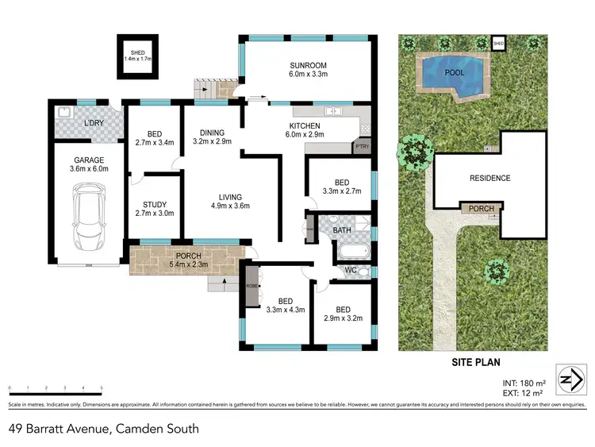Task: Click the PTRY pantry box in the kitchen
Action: (x=363, y=147)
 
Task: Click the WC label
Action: (x=351, y=270)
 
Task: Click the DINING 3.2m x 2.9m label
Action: (x=212, y=137)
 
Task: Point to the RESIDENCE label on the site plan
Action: (x=489, y=178)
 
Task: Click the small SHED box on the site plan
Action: (x=498, y=42)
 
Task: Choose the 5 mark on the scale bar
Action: (x=102, y=389)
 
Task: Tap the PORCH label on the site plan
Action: (x=481, y=209)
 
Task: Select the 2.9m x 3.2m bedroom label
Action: (x=343, y=314)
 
